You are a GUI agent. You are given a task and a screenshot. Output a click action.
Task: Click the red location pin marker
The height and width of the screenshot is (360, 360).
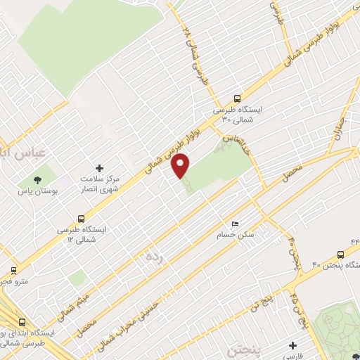181,165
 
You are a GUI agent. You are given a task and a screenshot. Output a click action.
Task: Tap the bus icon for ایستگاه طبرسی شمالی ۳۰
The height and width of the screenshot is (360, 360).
237,99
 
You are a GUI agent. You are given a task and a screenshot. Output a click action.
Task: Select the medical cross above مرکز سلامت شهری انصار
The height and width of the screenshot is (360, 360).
98,168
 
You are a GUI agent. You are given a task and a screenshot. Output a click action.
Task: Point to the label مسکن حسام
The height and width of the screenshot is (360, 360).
236,235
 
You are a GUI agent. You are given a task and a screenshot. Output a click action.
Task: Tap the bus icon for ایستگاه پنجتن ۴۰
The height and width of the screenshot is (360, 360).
341,255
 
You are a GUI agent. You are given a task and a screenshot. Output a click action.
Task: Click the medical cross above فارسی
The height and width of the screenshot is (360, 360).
292,345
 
